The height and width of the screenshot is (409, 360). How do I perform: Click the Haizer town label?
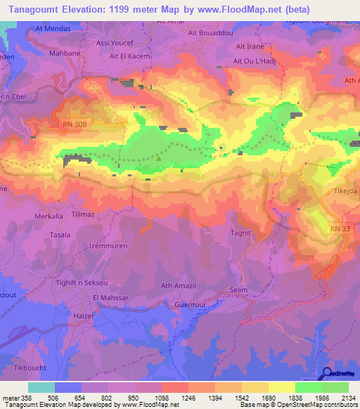point(84,317)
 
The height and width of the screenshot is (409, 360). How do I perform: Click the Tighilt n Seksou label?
point(82,282)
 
